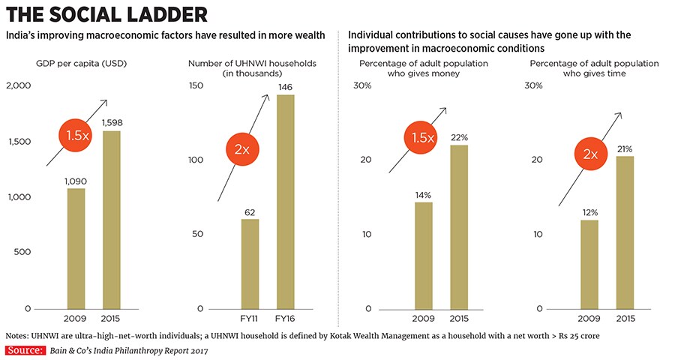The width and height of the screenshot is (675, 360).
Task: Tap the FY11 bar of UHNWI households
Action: click(x=250, y=264)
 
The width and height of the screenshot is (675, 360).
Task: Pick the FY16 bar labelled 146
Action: click(x=285, y=202)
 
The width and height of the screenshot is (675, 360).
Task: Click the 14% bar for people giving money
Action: click(x=423, y=256)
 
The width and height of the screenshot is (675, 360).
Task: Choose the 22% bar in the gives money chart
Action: click(x=459, y=226)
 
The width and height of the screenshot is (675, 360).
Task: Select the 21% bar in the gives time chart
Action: click(x=623, y=232)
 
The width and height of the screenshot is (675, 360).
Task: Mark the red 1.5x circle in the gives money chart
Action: click(x=421, y=136)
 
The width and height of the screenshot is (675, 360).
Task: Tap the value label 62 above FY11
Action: click(x=250, y=212)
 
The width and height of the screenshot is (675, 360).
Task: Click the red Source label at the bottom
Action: click(x=22, y=350)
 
